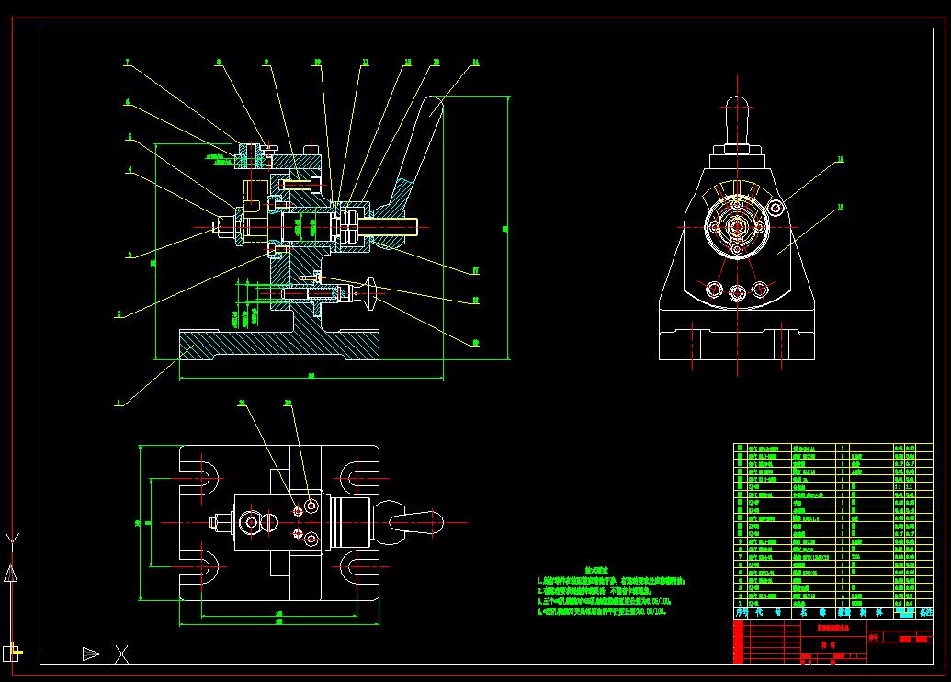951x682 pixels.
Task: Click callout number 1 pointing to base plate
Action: [119, 403]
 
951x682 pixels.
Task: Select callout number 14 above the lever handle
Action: [475, 63]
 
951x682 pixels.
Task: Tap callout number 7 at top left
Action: [128, 63]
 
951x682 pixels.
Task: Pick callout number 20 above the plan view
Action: [288, 403]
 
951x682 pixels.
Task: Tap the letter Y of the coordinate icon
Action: [11, 539]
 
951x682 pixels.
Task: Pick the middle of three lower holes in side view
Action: [736, 292]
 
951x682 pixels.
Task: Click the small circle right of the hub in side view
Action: [776, 209]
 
